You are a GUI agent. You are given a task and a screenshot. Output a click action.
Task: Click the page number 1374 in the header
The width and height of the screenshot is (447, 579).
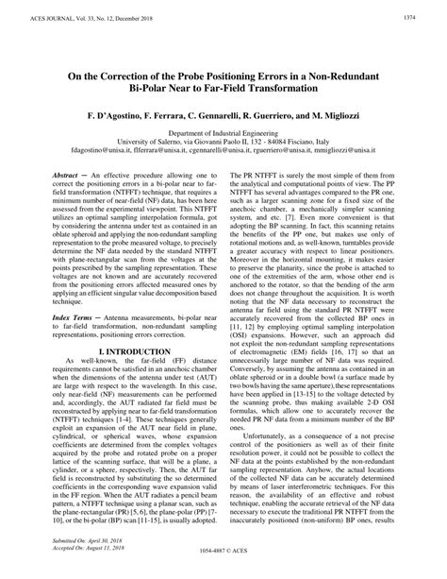point(410,18)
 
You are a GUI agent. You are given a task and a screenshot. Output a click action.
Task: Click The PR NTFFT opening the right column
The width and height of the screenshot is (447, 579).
point(255,176)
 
